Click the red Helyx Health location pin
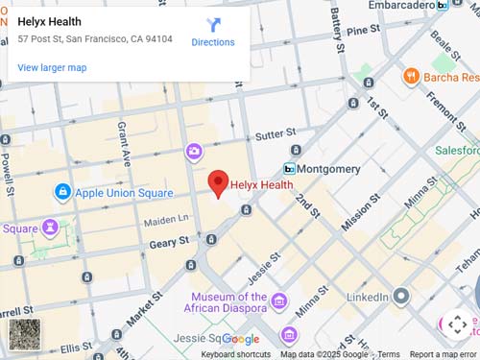pos(218,182)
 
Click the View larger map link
pos(52,67)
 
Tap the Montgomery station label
pos(328,169)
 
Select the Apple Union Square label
pos(124,193)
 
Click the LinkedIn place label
pos(366,299)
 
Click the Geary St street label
pos(168,244)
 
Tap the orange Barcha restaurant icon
pos(411,76)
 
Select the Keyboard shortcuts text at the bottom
pos(235,354)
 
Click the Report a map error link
pos(443,354)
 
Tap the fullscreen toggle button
pos(457,324)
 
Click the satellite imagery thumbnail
pos(25,334)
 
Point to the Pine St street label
pos(364,31)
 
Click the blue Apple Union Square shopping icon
pos(62,193)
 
